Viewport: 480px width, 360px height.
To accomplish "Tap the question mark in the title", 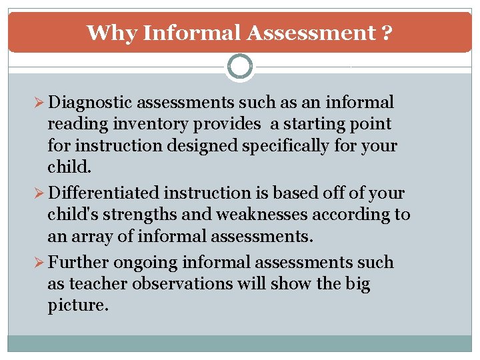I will pyautogui.click(x=387, y=33).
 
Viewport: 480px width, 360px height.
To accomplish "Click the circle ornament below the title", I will pyautogui.click(x=240, y=67).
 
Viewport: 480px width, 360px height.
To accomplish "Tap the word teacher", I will pyautogui.click(x=102, y=284).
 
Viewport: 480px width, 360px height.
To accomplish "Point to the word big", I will pyautogui.click(x=357, y=284).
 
